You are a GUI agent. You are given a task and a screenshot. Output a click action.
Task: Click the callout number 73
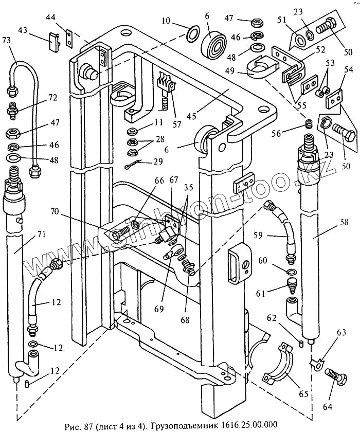point(6,40)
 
